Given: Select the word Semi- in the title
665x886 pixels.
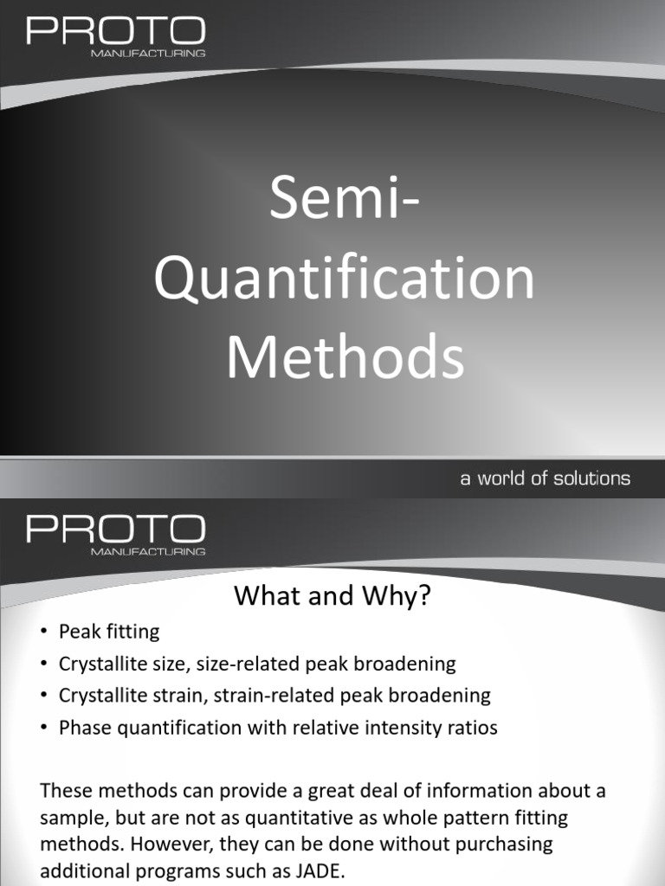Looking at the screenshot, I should click(345, 197).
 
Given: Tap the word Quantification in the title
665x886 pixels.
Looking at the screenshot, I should click(345, 279).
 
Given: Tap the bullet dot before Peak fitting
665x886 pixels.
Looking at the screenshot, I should click(44, 632).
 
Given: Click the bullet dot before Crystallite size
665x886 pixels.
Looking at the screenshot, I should click(44, 664).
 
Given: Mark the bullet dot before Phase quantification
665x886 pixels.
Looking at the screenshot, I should click(44, 728).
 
